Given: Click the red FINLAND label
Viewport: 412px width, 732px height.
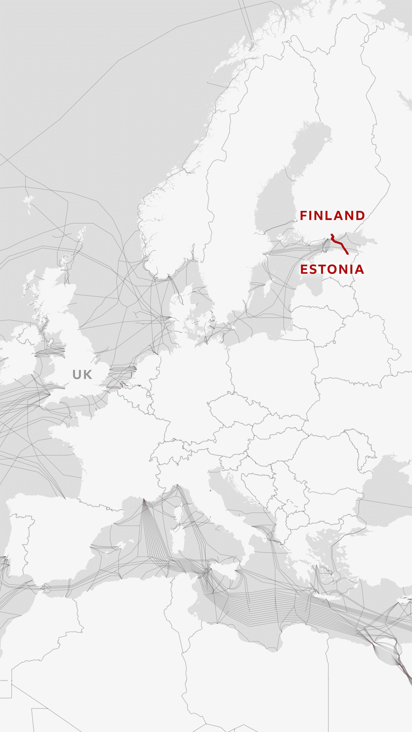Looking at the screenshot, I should [332, 216].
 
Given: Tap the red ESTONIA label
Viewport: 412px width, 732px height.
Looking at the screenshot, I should [332, 269].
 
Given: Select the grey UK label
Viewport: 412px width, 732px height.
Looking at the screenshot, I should [82, 375].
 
